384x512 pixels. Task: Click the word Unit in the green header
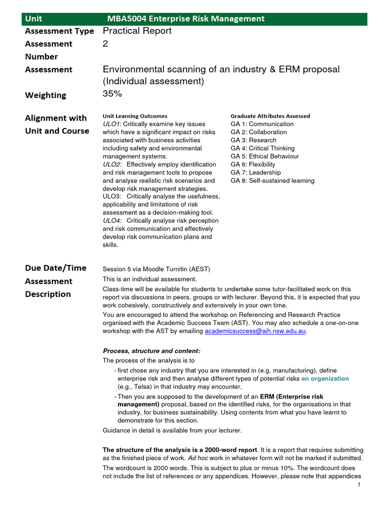click(x=34, y=19)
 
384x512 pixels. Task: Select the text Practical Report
click(x=137, y=31)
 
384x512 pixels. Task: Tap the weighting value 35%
click(x=112, y=93)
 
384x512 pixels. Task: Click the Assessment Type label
click(x=59, y=31)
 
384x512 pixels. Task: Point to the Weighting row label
click(x=45, y=95)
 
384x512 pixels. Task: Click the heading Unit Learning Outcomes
click(x=135, y=116)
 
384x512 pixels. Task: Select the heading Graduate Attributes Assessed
click(x=270, y=116)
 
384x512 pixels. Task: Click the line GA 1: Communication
click(x=262, y=124)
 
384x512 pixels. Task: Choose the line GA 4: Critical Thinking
click(x=262, y=148)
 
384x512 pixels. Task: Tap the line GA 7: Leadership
click(x=255, y=172)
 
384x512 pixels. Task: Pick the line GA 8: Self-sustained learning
click(x=272, y=180)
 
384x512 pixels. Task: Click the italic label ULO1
click(x=111, y=124)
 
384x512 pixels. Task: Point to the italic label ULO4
click(x=111, y=220)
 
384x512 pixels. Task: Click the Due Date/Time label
click(x=55, y=268)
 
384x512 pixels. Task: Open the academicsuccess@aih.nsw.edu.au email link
click(x=255, y=331)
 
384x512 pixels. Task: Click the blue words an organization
click(x=325, y=378)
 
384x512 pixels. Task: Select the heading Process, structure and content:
click(x=151, y=350)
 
